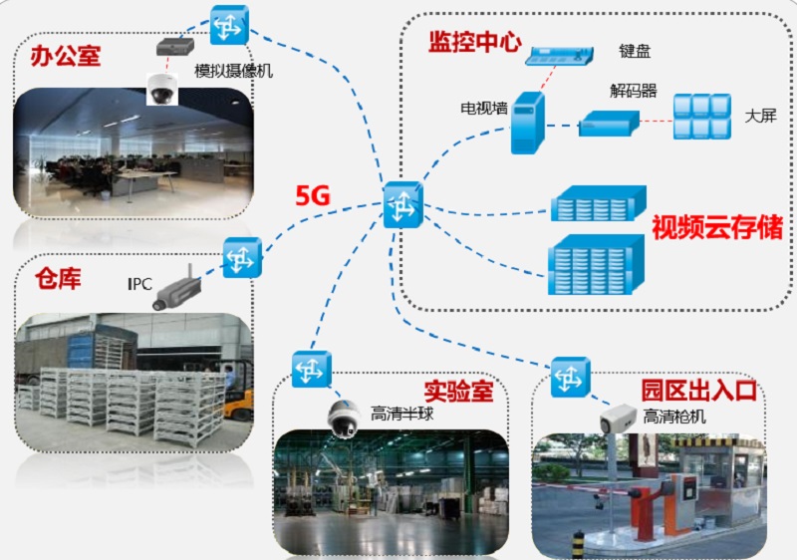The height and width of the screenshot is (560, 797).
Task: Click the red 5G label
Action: pyautogui.click(x=312, y=195)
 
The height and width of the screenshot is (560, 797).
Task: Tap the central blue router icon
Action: pyautogui.click(x=402, y=205)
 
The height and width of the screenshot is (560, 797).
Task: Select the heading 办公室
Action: pyautogui.click(x=66, y=54)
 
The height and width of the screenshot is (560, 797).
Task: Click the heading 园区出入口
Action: pyautogui.click(x=697, y=389)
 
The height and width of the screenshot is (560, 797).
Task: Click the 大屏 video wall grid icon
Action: pyautogui.click(x=702, y=117)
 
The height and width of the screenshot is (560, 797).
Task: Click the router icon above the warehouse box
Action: pyautogui.click(x=242, y=257)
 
